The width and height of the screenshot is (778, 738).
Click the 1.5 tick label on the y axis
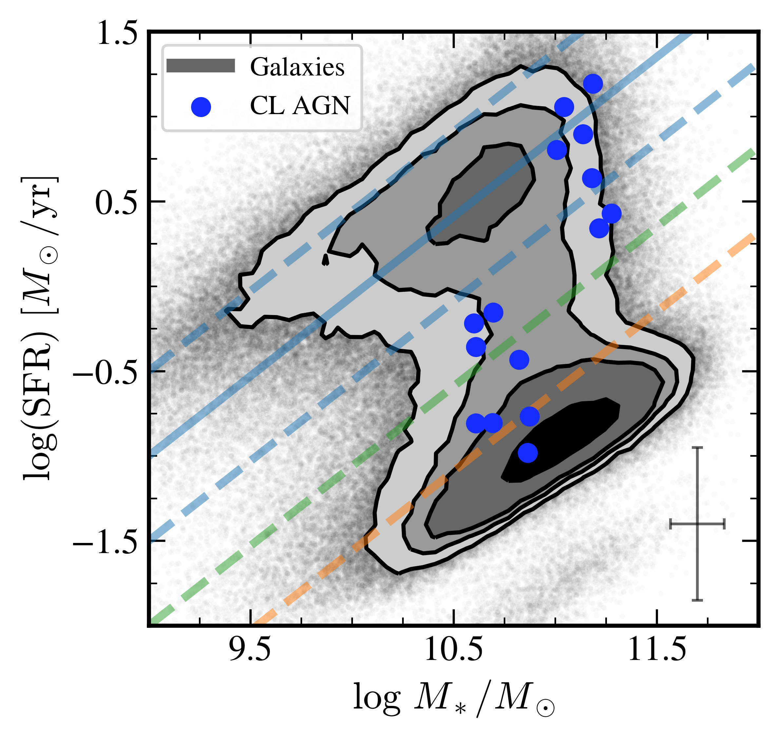[x=117, y=33]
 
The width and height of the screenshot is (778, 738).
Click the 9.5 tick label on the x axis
[x=250, y=649]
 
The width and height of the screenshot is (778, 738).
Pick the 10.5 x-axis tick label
[x=453, y=649]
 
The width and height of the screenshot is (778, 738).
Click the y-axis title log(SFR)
[x=39, y=329]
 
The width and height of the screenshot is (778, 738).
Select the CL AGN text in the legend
[x=300, y=106]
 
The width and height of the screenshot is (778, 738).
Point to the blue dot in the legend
[x=201, y=107]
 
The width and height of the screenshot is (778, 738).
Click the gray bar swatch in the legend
[x=201, y=66]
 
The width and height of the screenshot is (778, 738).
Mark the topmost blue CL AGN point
[x=593, y=83]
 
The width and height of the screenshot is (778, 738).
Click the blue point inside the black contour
[x=528, y=453]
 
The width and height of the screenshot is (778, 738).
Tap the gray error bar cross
[x=697, y=524]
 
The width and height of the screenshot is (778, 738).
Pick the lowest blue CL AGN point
[x=528, y=453]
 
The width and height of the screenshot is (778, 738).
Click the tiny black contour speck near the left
[x=325, y=260]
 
